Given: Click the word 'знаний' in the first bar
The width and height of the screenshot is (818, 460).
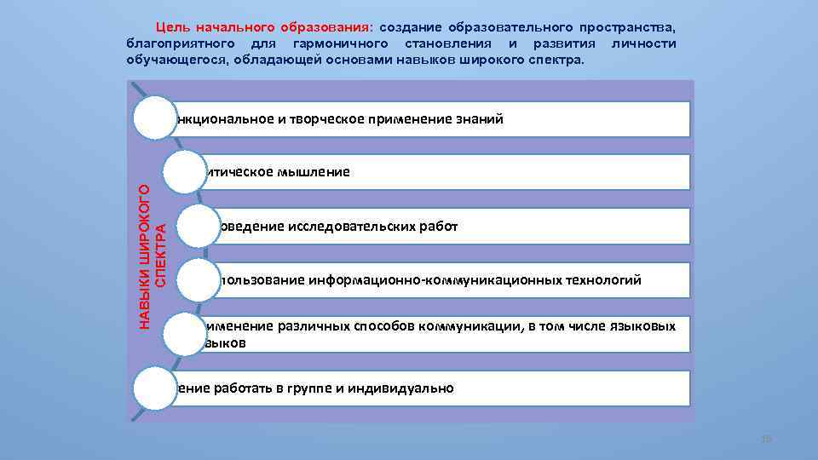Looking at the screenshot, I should pyautogui.click(x=482, y=119).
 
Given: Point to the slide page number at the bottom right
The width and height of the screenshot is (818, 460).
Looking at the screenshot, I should pyautogui.click(x=764, y=440).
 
